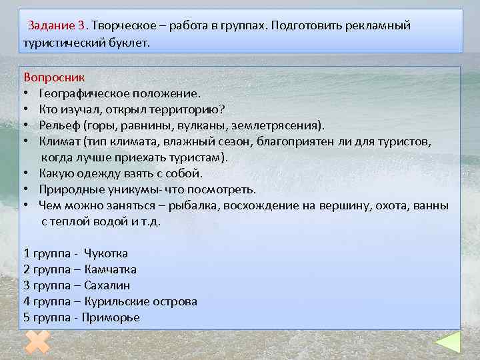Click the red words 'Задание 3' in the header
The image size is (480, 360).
coord(57,26)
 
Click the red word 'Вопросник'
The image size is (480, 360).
coord(49,77)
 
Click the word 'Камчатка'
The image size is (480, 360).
coord(111,269)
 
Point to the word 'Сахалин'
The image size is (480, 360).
coord(107,285)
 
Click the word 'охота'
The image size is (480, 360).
coord(400,205)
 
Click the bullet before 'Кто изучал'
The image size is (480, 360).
coord(26,109)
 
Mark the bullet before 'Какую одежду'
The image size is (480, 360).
coord(26,173)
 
